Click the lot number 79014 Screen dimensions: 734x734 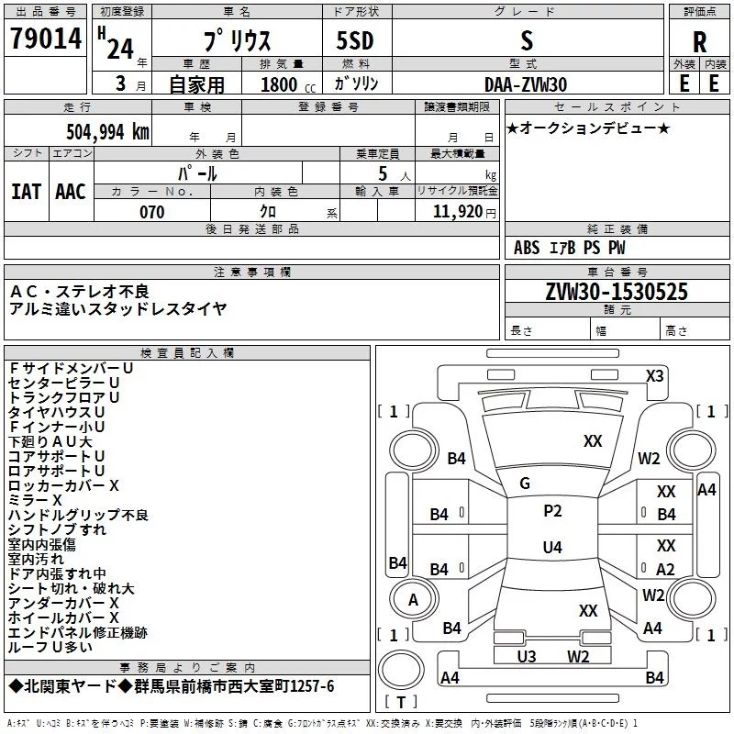point(46,39)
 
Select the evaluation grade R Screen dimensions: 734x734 point(699,42)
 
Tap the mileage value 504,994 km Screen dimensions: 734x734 point(107,132)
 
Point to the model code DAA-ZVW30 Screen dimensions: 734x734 point(526,84)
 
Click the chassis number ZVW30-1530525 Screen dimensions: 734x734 point(617,292)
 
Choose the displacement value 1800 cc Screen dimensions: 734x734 point(288,84)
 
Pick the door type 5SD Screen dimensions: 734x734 point(355,40)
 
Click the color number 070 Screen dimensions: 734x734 point(152,212)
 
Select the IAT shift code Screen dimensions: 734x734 point(27,192)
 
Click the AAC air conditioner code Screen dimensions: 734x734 point(71,192)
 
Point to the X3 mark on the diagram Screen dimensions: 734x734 point(654,376)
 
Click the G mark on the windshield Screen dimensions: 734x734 point(525,484)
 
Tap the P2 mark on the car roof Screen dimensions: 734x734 point(552,511)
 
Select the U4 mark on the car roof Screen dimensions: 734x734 point(552,547)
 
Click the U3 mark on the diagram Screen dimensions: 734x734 point(527,657)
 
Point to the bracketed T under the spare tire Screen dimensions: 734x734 point(401,702)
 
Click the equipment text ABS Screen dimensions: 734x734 point(527,248)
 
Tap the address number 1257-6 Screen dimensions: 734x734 point(312,686)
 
